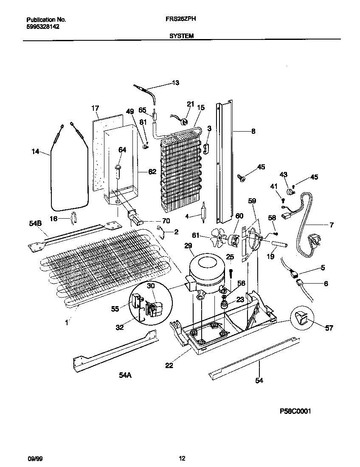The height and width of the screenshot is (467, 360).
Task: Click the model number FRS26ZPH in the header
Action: click(181, 19)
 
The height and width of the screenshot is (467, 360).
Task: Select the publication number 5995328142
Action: click(43, 26)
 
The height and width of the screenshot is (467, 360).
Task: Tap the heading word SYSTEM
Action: click(182, 36)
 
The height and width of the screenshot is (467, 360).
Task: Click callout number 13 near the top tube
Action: click(175, 83)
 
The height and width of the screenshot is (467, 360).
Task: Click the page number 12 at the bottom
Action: click(182, 458)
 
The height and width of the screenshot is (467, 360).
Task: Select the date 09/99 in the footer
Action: click(34, 458)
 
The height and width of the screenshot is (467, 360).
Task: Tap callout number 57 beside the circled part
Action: click(329, 328)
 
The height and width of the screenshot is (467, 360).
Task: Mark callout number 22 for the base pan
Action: click(169, 366)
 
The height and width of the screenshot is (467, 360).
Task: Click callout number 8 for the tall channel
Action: click(253, 132)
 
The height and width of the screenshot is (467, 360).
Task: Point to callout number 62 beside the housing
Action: click(152, 172)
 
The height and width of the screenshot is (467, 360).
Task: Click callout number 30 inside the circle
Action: click(151, 286)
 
